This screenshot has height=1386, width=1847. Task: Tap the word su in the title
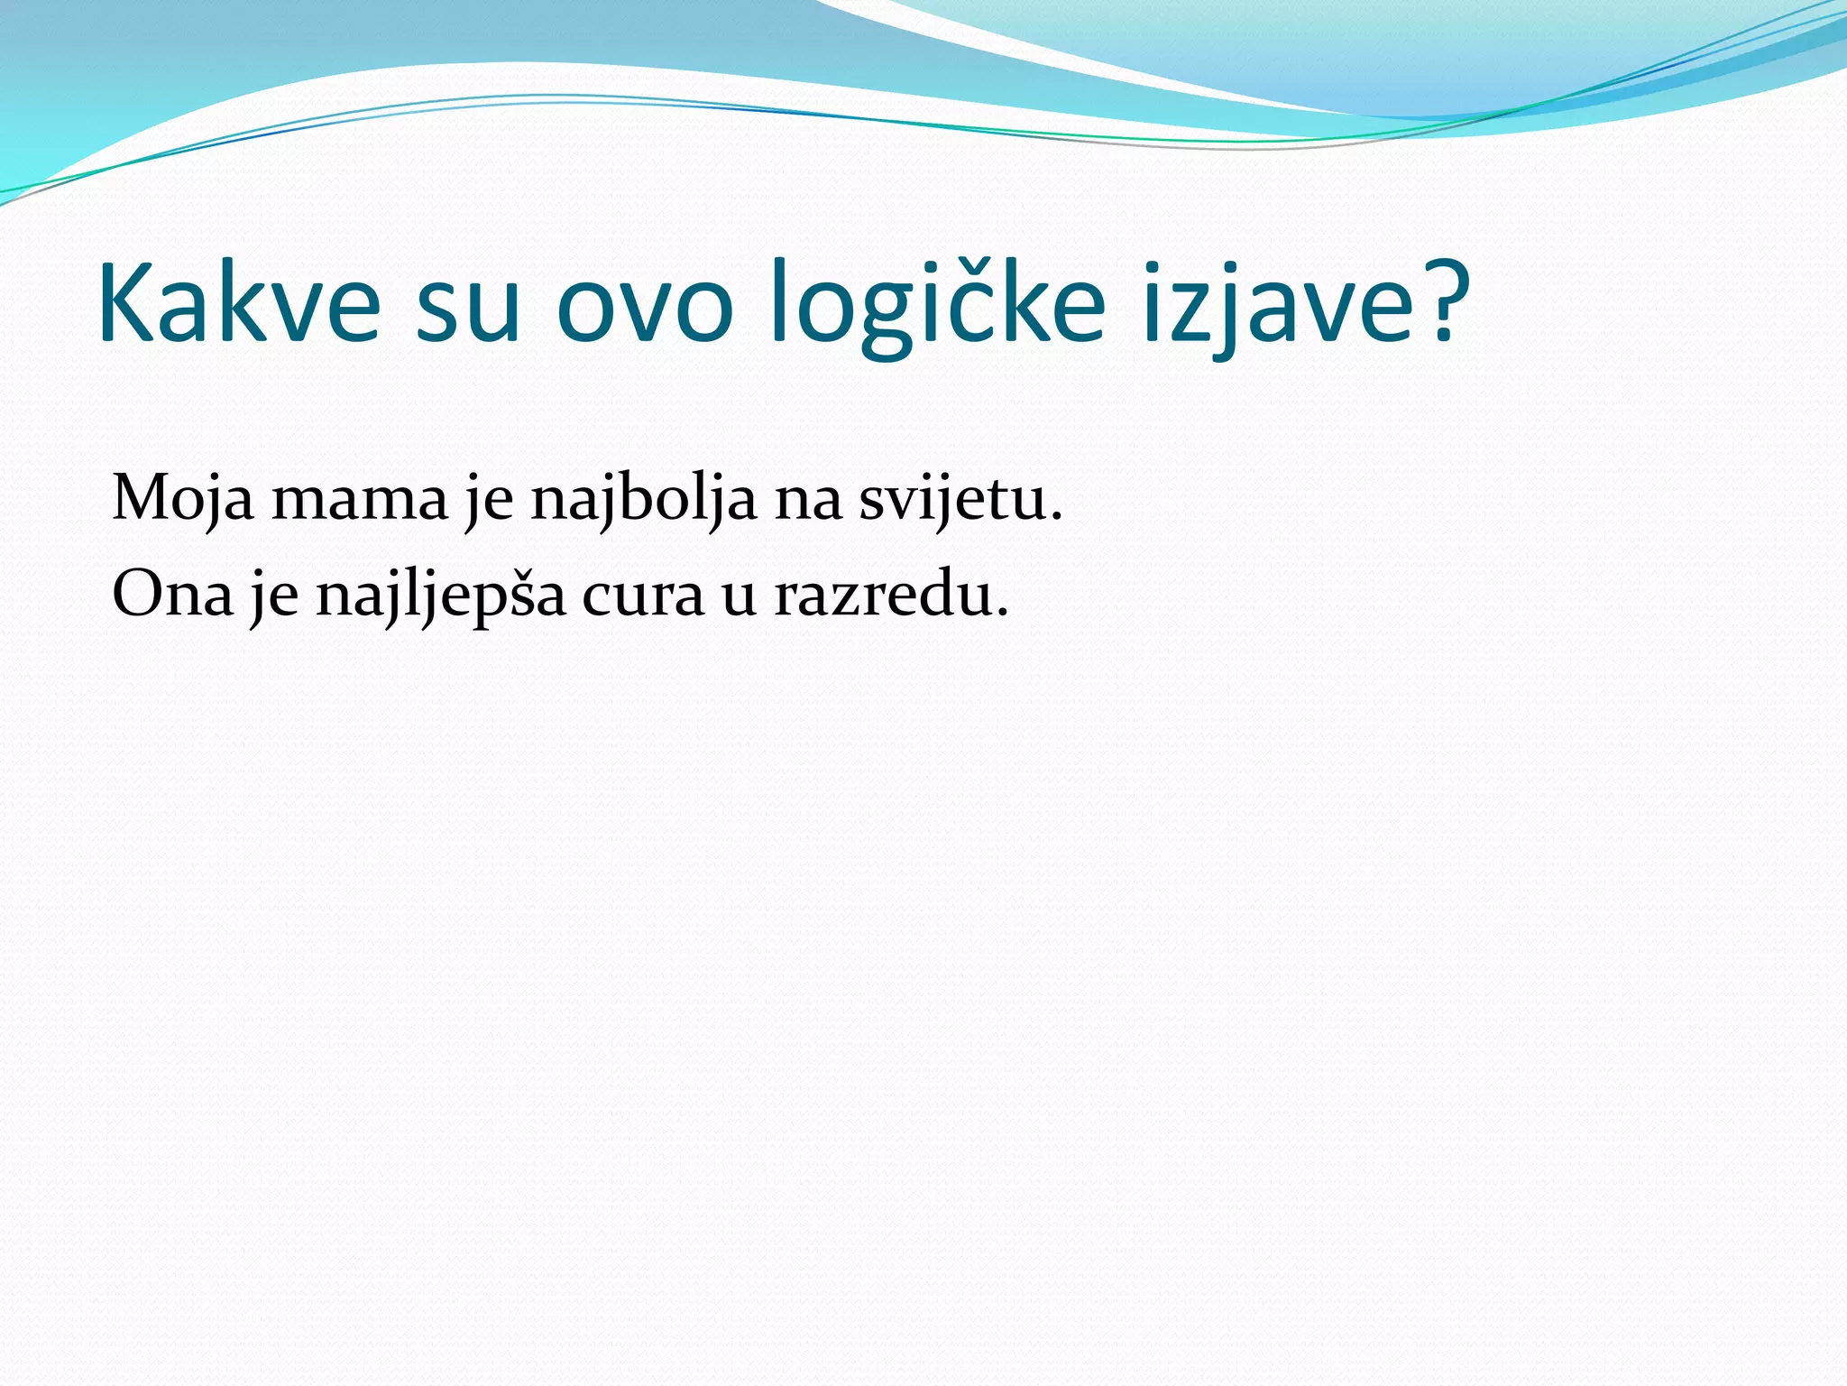coord(468,307)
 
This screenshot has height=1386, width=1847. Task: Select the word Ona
coord(172,596)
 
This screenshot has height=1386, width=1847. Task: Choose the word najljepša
coord(441,596)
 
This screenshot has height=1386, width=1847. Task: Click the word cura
coord(642,598)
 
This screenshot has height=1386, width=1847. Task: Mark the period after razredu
coord(1000,614)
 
